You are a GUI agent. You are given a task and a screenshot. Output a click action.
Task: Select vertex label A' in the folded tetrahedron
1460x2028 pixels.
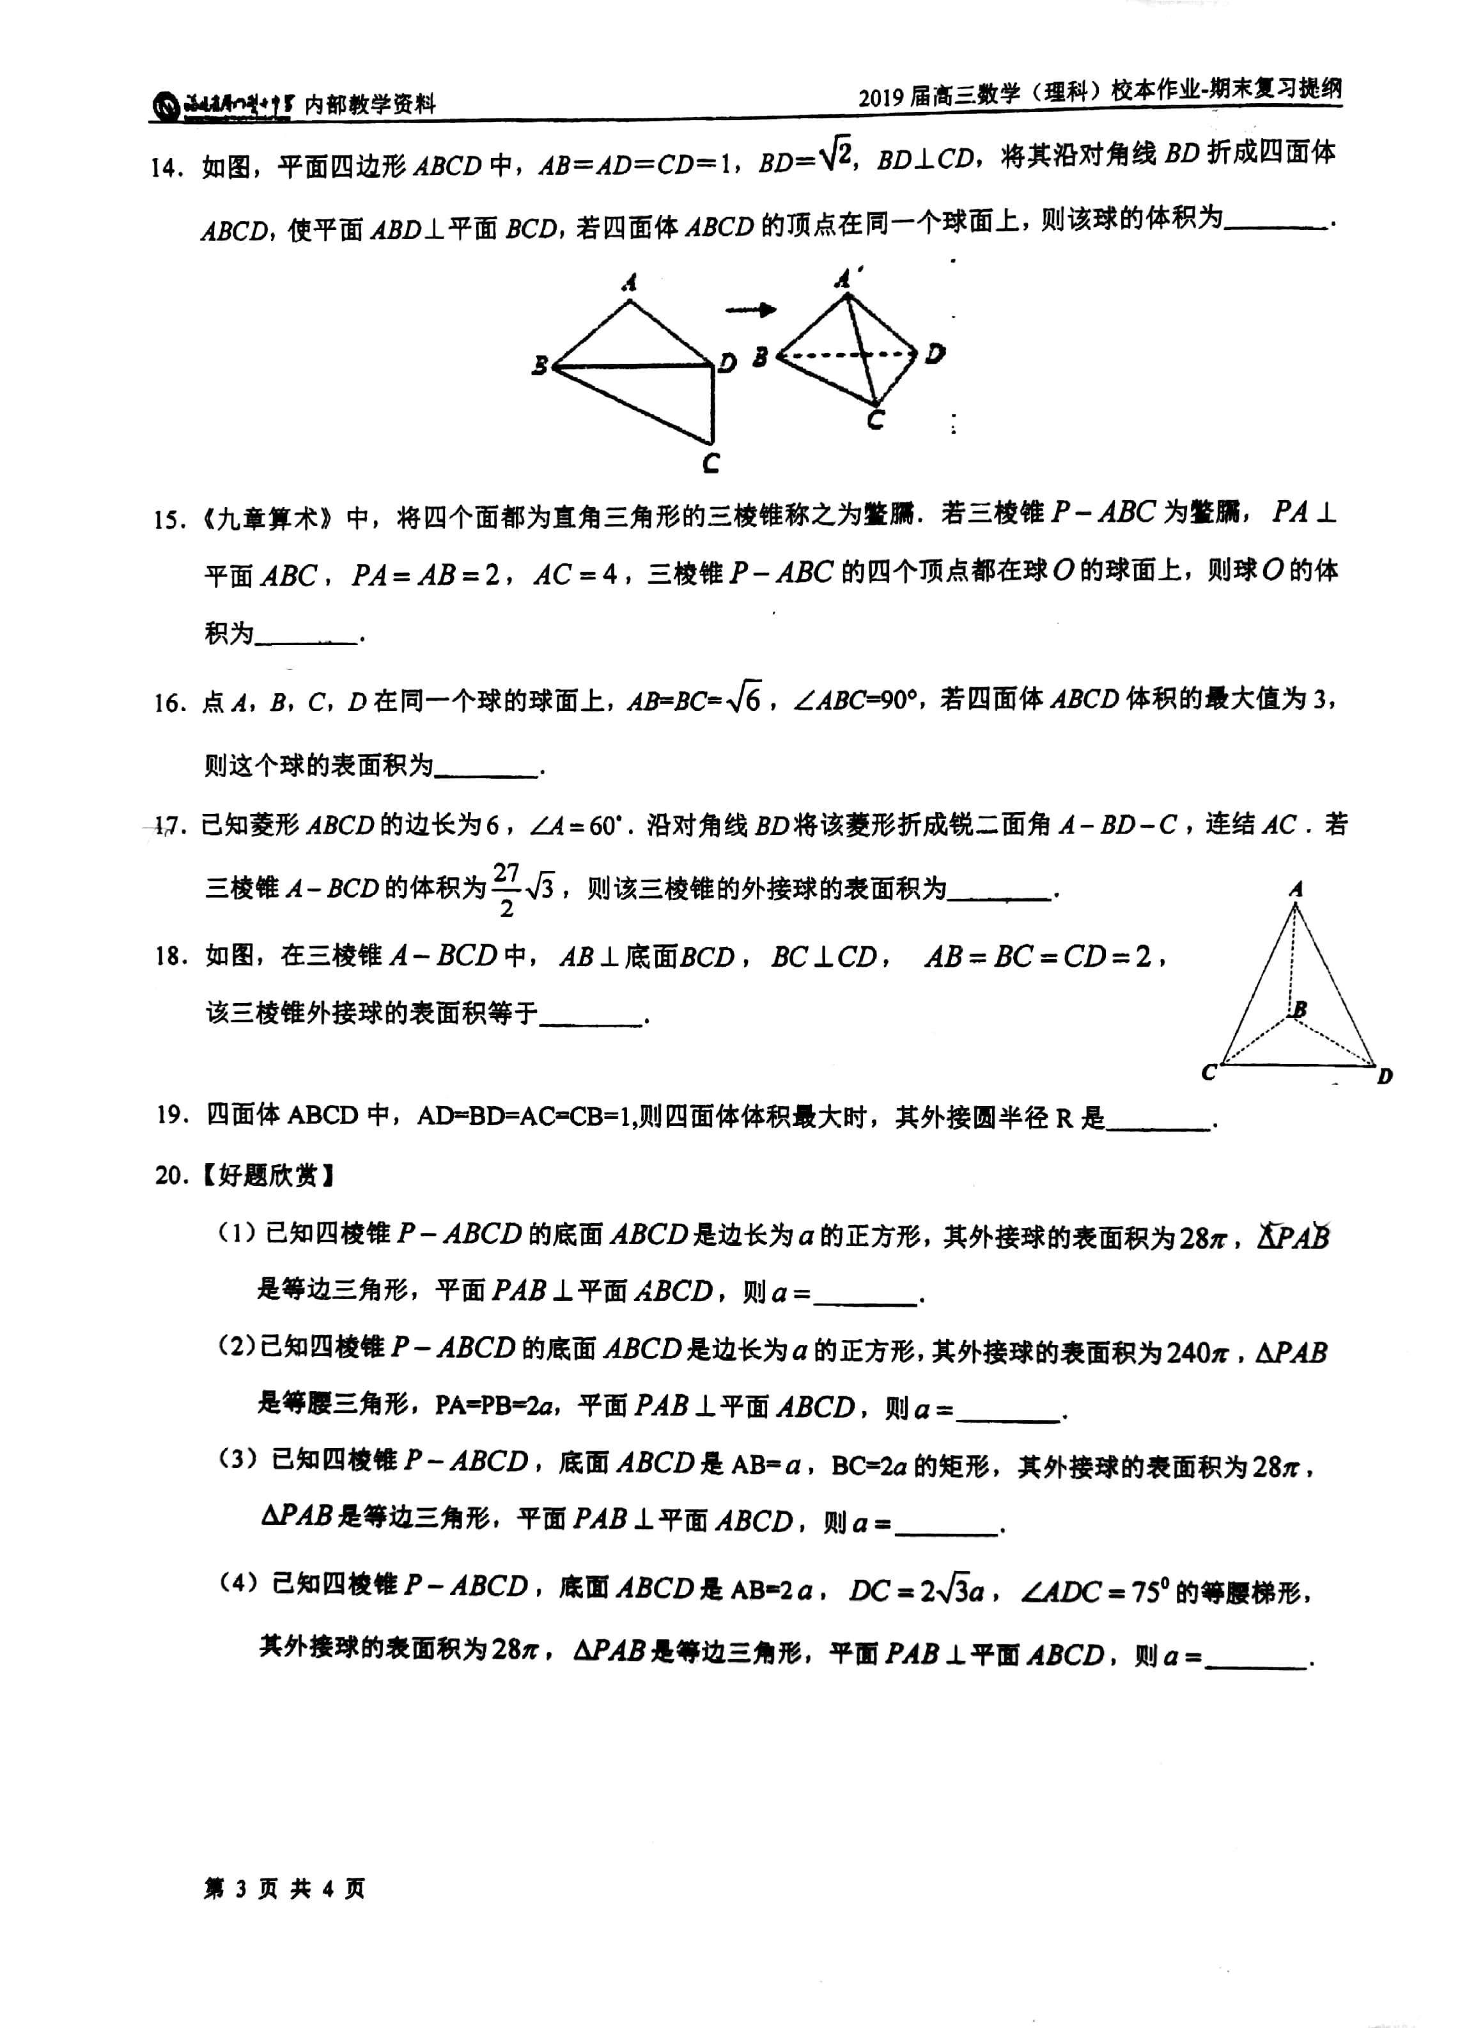(846, 278)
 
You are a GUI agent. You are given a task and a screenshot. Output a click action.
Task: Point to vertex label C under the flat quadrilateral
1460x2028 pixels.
(711, 463)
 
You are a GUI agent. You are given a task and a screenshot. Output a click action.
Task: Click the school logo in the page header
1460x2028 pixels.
(166, 105)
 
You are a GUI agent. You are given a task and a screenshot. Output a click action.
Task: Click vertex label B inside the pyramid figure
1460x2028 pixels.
(1300, 1010)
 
